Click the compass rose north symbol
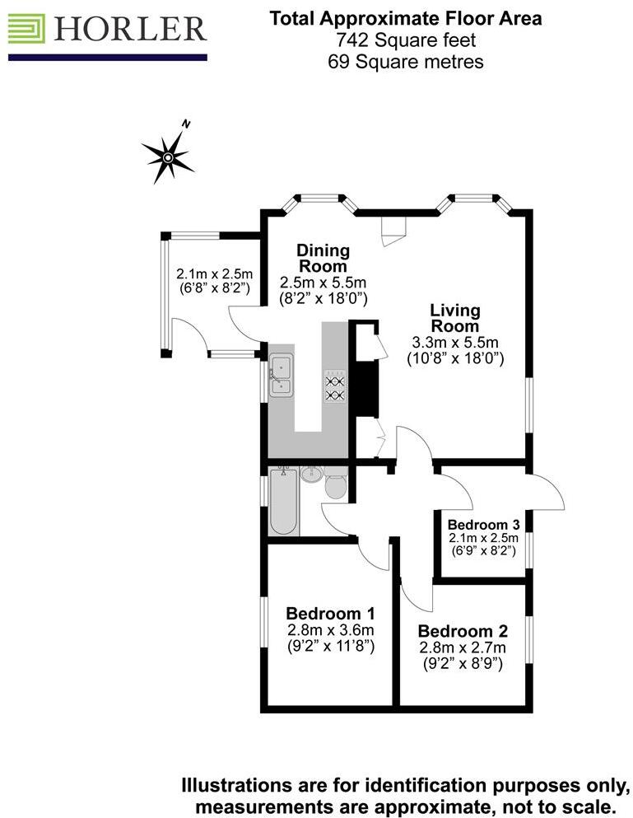169,154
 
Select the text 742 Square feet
405,40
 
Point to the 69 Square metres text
405,61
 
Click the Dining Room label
323,258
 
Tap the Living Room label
455,318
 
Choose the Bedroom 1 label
330,614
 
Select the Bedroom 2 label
463,631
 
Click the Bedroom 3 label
483,525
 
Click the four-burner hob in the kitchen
335,386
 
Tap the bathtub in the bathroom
282,502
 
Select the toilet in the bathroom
335,486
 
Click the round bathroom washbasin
311,476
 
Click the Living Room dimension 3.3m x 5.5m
455,343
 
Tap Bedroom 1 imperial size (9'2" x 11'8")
330,647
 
